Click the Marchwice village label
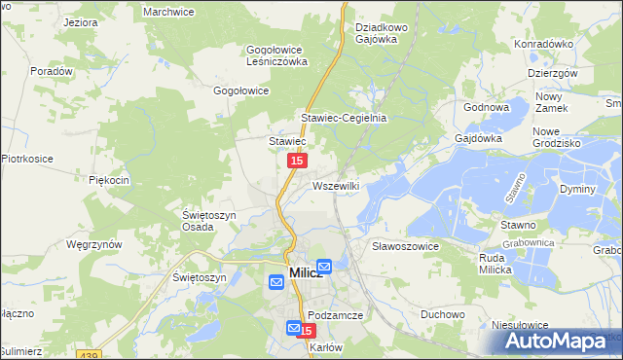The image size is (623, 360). tap(169, 11)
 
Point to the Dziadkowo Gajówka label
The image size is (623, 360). tap(382, 33)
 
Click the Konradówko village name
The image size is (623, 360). tap(543, 44)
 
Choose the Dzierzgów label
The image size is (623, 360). tap(553, 73)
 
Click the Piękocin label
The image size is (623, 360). tap(109, 180)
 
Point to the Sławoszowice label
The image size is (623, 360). tap(406, 246)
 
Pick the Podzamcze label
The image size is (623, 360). tap(335, 315)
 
